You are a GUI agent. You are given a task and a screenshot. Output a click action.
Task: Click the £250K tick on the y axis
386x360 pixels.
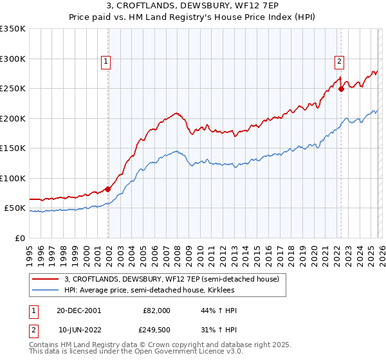(x=12, y=89)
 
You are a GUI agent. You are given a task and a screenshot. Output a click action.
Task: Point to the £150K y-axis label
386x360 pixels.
(x=12, y=148)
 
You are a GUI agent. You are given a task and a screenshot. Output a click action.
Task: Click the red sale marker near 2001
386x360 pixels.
(x=107, y=189)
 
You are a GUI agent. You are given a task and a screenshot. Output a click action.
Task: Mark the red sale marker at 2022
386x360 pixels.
(x=341, y=89)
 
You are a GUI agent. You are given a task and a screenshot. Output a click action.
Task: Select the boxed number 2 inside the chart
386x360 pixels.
(x=339, y=62)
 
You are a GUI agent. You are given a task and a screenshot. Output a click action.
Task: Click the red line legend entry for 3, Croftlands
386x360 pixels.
(x=171, y=279)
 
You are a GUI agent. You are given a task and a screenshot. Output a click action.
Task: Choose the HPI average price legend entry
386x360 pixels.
(x=161, y=291)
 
